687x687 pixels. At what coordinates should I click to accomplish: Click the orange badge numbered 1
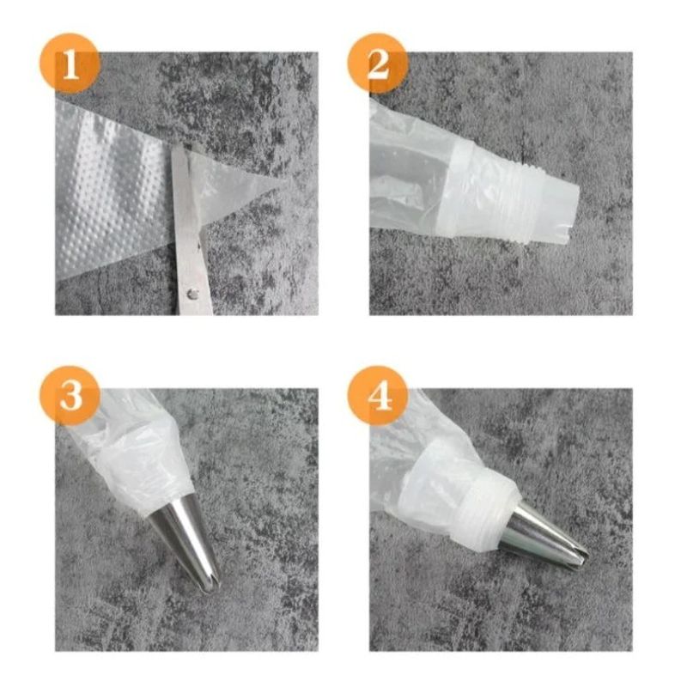pyautogui.click(x=70, y=64)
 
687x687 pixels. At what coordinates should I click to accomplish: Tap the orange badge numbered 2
pyautogui.click(x=377, y=64)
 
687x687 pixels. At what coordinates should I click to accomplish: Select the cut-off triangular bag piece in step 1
pyautogui.click(x=236, y=185)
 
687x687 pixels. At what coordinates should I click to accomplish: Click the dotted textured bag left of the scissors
pyautogui.click(x=112, y=198)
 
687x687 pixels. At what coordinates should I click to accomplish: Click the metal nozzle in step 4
pyautogui.click(x=541, y=532)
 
